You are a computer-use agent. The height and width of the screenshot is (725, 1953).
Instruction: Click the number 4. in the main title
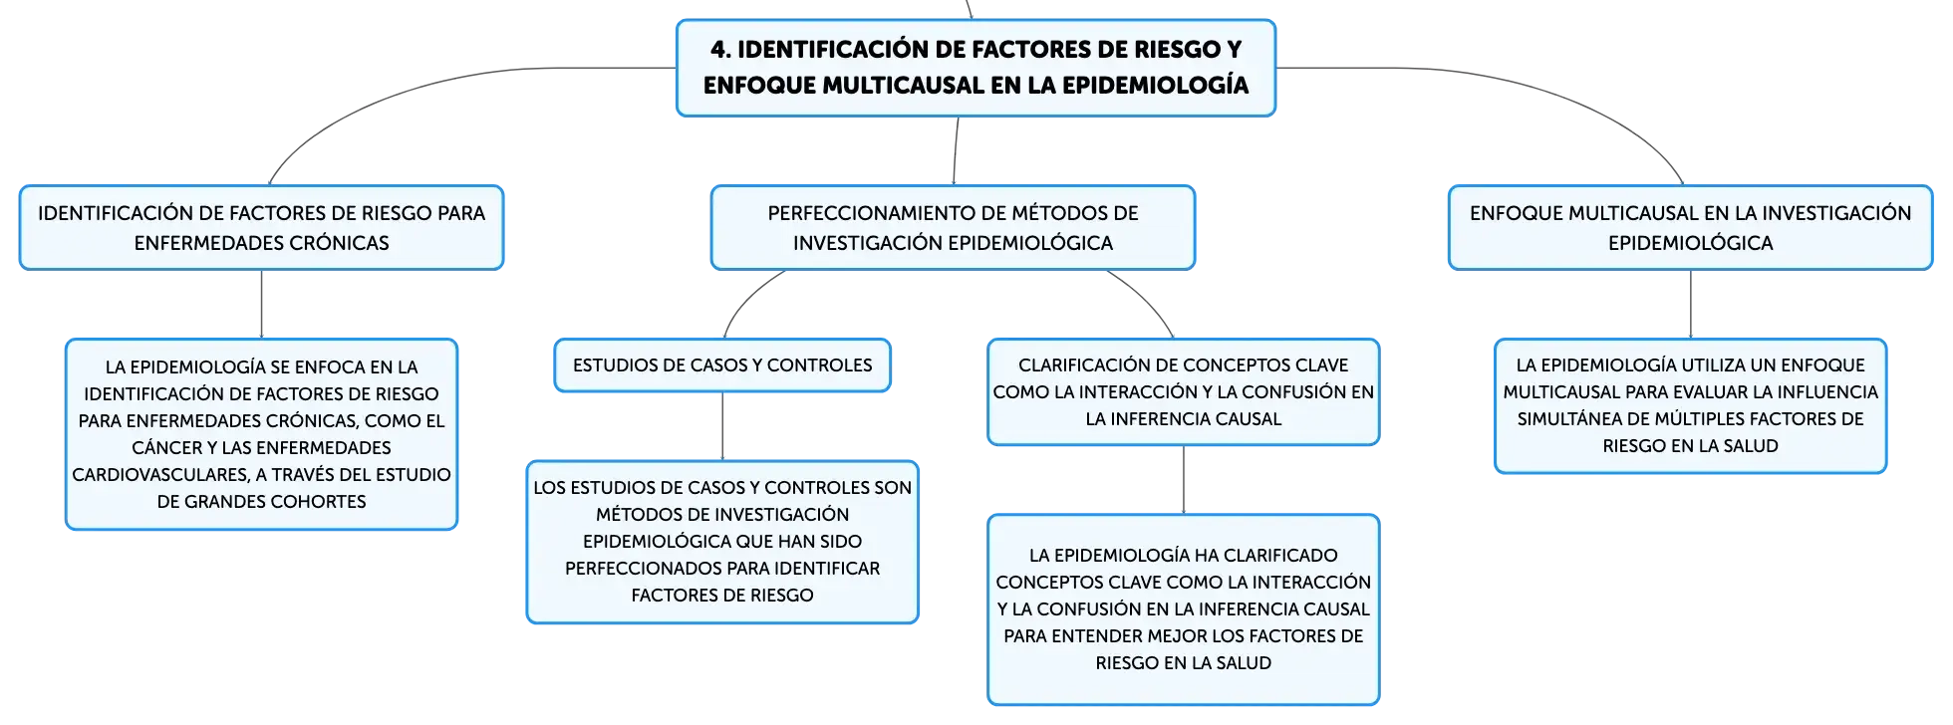click(720, 50)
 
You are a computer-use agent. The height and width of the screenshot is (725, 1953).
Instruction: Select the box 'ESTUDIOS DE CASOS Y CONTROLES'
click(722, 365)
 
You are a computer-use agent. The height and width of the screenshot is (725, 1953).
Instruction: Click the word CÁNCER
click(167, 448)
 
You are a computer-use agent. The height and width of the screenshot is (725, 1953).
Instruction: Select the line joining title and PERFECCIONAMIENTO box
click(956, 150)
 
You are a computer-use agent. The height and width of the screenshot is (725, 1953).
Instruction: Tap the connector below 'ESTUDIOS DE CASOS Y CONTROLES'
click(722, 426)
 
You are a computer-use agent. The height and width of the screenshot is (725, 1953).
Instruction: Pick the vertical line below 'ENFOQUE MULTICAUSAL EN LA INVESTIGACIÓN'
click(1691, 304)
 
